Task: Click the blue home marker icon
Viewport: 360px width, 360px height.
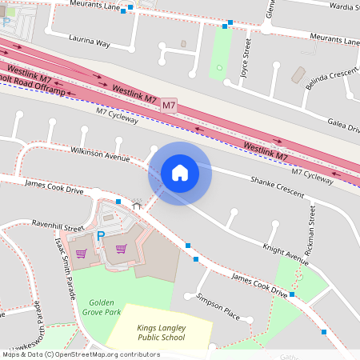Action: [x=180, y=173]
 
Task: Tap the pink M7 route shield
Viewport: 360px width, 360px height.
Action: [x=169, y=106]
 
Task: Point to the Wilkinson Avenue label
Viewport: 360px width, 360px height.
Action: [x=100, y=154]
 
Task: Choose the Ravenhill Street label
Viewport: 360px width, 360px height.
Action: [x=58, y=226]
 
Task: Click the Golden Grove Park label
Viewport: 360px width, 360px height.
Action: [x=100, y=308]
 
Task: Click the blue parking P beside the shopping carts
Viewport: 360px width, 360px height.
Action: [x=101, y=236]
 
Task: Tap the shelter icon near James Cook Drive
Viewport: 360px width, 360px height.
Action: [x=137, y=205]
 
